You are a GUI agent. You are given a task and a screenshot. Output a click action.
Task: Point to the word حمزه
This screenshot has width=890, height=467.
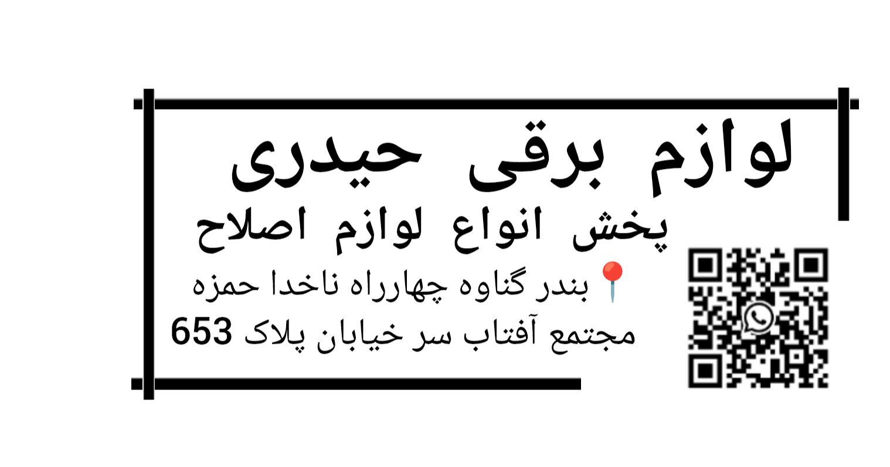(x=226, y=285)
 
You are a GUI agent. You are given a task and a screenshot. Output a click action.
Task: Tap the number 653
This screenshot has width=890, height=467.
(x=202, y=331)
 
